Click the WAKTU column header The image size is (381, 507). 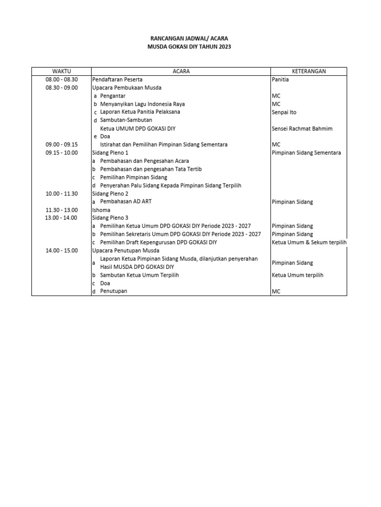coord(62,71)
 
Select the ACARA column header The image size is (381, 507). coord(181,71)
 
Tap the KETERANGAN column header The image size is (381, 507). coord(309,71)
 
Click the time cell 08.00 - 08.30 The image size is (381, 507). coord(62,79)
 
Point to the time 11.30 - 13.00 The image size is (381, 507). coord(62,210)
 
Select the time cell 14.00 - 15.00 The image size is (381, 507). coord(62,251)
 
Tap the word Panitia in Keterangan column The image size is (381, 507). coord(280,79)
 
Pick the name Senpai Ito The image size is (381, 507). coord(284,112)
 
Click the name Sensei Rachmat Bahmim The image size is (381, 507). coord(302,129)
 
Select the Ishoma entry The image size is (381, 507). coord(101,210)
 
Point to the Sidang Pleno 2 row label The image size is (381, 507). coord(110,194)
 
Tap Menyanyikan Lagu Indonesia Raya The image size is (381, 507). coord(142,104)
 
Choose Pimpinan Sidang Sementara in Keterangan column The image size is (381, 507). coord(306,153)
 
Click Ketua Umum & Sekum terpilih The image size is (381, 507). coord(309,242)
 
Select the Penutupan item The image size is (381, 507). coord(114,291)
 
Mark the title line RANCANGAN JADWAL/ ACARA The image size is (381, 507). coord(189,38)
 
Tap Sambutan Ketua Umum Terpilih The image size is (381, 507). coord(139,275)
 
